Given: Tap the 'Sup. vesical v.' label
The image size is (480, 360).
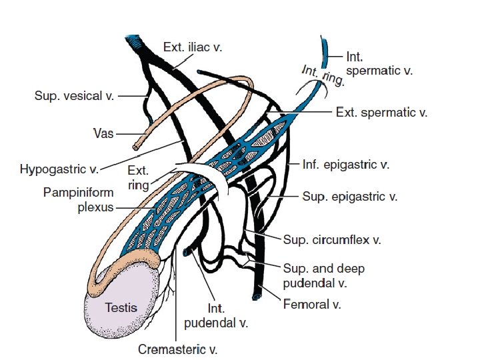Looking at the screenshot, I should [x=74, y=96].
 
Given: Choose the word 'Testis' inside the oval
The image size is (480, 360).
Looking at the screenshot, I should [x=121, y=307].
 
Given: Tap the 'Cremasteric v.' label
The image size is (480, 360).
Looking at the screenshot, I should [x=177, y=349].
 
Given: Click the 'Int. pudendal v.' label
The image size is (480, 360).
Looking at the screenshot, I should [x=215, y=317].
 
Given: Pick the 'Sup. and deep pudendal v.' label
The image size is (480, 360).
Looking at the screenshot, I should [x=323, y=275].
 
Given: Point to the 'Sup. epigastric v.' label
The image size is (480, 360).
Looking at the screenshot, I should [x=350, y=197].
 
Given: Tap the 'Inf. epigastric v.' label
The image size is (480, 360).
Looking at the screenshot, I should [x=346, y=163].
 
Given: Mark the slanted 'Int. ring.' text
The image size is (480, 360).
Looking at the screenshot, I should [x=323, y=75].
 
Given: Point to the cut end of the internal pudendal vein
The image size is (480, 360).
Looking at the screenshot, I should [x=188, y=252].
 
